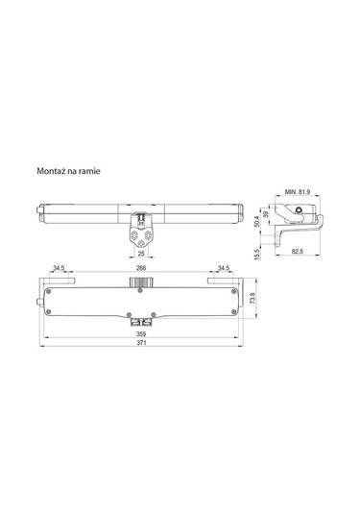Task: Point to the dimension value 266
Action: tap(141, 268)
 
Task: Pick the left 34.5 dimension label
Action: tap(60, 268)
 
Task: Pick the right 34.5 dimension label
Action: tap(223, 268)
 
